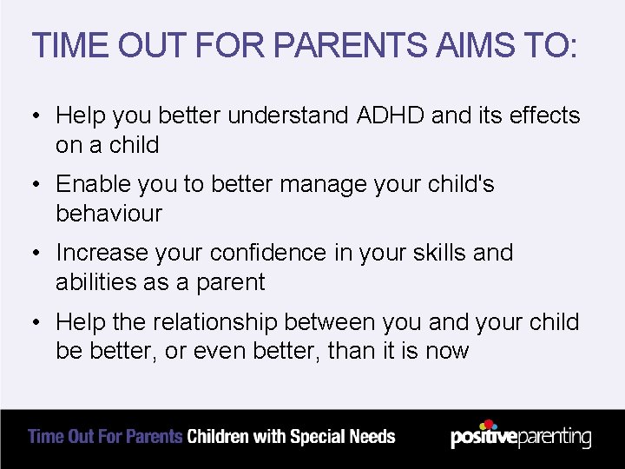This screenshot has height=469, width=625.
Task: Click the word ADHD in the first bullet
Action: (x=388, y=115)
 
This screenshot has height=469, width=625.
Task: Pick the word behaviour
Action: (x=109, y=213)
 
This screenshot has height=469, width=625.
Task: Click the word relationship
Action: (x=226, y=321)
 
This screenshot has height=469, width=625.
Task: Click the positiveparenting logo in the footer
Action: (x=521, y=436)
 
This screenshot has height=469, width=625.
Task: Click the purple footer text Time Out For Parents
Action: (x=105, y=436)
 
